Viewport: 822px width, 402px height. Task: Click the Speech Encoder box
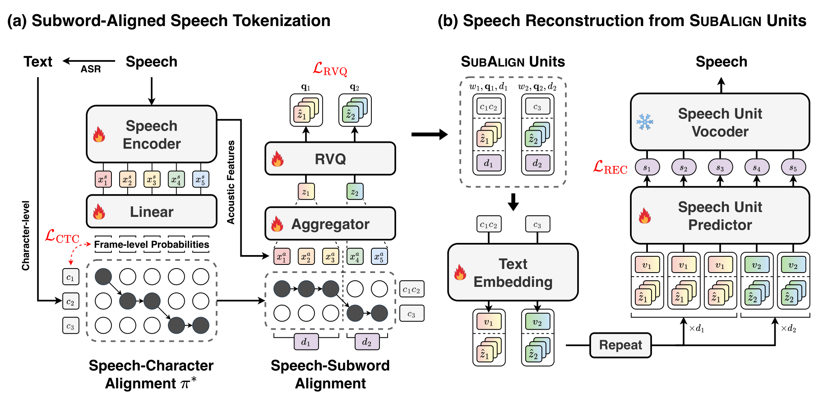pos(151,134)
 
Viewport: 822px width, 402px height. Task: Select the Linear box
pos(151,212)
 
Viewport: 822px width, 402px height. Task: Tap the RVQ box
pos(330,159)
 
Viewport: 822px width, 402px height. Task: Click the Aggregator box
pos(330,224)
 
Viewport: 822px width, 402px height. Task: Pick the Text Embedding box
pos(512,273)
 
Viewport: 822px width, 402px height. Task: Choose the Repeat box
pos(620,345)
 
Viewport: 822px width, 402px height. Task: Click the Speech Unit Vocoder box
pos(720,122)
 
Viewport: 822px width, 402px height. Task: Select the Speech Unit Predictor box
pos(720,216)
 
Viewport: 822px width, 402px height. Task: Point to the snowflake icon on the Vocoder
pos(645,122)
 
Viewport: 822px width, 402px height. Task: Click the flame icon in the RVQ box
pos(278,159)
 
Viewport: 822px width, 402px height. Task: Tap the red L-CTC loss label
pos(62,236)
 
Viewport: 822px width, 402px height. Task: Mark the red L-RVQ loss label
pos(330,69)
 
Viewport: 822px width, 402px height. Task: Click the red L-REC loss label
pos(610,167)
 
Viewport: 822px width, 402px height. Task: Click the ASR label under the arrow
pos(90,69)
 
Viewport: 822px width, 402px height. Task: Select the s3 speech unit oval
pos(720,167)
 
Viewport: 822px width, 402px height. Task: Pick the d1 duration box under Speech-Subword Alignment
pos(306,342)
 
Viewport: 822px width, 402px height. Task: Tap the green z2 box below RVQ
pos(355,192)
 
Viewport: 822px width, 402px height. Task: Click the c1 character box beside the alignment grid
pos(70,277)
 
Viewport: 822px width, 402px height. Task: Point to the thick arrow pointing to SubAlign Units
pos(429,134)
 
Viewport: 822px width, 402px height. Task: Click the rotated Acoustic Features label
pos(231,182)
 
